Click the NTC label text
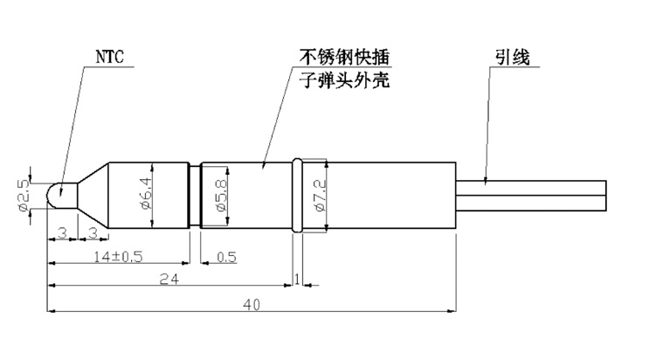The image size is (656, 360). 110,57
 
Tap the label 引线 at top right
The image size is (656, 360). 513,58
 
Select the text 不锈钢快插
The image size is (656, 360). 344,57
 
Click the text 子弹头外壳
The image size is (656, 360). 345,80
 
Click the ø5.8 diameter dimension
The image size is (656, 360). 220,195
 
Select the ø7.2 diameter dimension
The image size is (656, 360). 319,195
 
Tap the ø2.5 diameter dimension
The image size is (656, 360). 24,195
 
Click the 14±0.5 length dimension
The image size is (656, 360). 118,256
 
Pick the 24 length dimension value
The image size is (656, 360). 169,279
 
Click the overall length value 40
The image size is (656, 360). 252,304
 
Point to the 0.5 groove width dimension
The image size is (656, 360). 226,257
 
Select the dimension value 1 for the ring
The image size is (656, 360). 297,279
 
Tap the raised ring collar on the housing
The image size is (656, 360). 297,195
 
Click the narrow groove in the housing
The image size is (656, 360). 195,195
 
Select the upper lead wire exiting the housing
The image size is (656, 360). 531,188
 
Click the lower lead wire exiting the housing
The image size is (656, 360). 531,203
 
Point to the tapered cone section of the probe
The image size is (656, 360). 93,195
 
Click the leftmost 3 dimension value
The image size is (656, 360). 62,232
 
